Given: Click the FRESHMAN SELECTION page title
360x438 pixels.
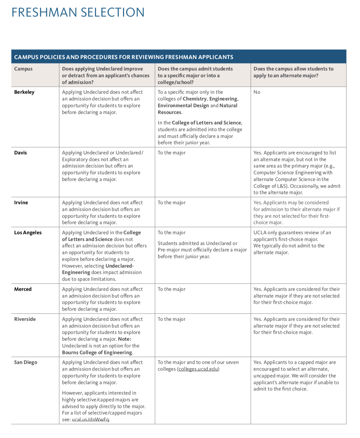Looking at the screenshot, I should pos(78,12).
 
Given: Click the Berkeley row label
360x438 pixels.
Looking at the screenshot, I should pos(24,92).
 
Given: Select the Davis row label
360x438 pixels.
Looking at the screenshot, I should pos(21,153).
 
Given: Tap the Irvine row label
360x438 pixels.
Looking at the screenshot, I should pos(21,202).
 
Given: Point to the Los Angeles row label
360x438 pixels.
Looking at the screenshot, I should pos(28,232).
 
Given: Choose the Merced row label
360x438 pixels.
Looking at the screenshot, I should pos(23,289).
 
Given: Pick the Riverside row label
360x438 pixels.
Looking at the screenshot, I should pos(25,319).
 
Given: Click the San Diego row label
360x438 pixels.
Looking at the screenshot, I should pos(26,362).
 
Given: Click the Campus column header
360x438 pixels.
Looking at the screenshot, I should pos(23,69).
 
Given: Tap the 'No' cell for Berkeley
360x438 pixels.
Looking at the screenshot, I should pos(257,92).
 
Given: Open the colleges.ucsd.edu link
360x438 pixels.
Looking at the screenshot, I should pos(198,369).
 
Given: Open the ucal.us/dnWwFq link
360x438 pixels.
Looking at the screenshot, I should pos(90,419).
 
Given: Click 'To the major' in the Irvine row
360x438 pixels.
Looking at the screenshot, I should pos(172,202).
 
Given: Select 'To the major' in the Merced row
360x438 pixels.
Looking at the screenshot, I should pos(172,289).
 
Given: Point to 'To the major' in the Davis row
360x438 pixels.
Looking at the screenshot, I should pos(172,153).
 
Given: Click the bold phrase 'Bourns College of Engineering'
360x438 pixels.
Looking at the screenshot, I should pos(97,352).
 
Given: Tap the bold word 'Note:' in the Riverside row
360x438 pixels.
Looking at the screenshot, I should pos(125,339).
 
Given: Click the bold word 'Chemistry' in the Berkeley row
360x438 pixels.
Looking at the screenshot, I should pos(194,99).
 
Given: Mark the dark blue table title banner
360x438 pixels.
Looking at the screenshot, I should pos(179,57).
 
